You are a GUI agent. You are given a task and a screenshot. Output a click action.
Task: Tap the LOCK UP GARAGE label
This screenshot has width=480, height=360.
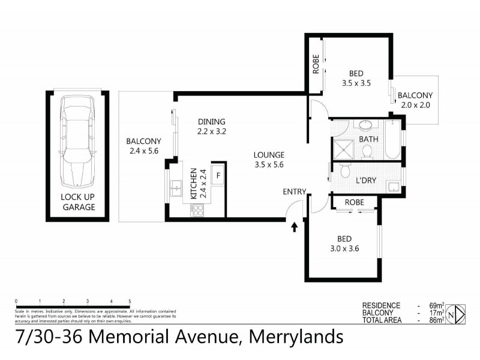click(79, 202)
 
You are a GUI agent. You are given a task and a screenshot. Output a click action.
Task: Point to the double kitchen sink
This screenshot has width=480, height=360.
click(177, 189)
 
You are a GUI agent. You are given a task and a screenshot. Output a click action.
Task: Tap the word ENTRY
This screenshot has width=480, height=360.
click(295, 192)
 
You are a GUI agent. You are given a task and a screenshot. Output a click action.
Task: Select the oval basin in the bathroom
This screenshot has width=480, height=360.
click(365, 126)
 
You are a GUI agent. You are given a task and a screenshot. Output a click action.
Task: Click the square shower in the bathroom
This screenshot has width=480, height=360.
click(343, 149)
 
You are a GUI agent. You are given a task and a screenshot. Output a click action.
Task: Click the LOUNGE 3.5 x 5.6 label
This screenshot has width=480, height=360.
click(269, 159)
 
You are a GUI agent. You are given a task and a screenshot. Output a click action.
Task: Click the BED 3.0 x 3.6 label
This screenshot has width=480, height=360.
click(344, 244)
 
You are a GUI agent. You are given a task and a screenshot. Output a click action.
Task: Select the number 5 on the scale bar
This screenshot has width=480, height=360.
click(130, 301)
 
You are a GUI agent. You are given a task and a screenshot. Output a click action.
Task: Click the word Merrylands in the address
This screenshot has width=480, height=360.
click(294, 337)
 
